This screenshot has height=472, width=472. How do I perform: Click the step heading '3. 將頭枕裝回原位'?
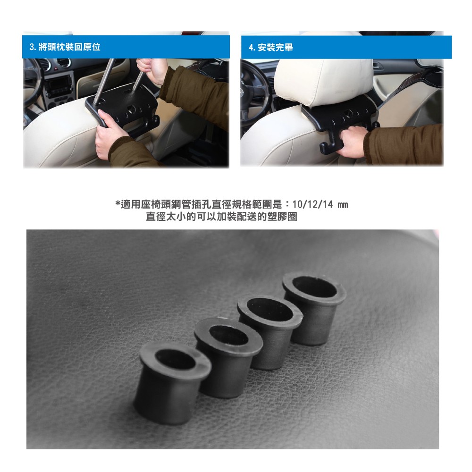click(x=65, y=47)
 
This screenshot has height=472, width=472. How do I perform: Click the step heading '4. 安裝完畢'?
click(x=270, y=47)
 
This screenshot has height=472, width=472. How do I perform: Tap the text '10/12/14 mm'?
click(x=320, y=205)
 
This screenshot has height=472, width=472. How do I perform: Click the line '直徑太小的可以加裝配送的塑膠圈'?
click(x=221, y=217)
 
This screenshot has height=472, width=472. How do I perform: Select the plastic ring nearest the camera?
click(x=172, y=382)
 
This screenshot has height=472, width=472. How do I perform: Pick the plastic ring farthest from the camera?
click(x=314, y=307)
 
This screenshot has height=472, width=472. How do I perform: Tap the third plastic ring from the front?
click(x=270, y=331)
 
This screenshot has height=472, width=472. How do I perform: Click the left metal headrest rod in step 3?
click(x=104, y=81)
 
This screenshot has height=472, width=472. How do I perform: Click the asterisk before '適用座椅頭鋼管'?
click(x=118, y=204)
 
